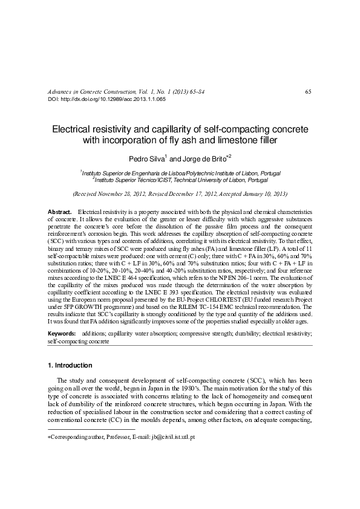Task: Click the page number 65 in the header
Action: coord(308,91)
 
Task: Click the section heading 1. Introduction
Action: coord(70,366)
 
